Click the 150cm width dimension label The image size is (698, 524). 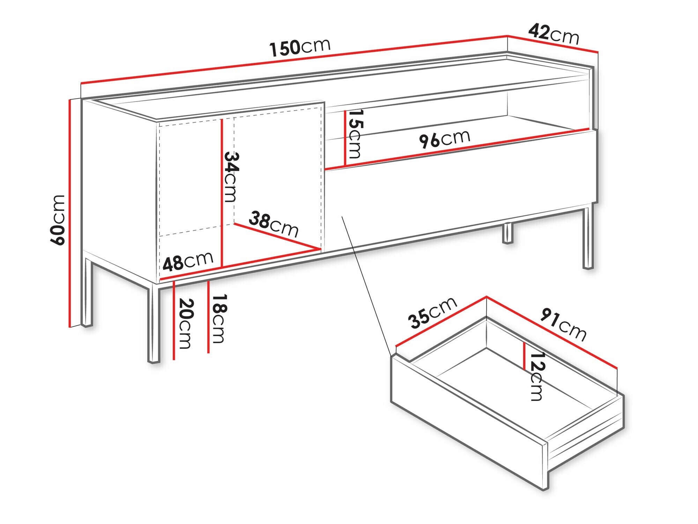(300, 47)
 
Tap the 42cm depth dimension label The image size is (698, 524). (554, 34)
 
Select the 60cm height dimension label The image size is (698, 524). (58, 220)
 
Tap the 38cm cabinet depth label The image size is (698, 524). (274, 224)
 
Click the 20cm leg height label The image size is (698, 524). (185, 323)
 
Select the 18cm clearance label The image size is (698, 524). (220, 318)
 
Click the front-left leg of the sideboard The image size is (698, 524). (154, 325)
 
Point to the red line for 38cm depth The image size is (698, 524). (277, 236)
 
